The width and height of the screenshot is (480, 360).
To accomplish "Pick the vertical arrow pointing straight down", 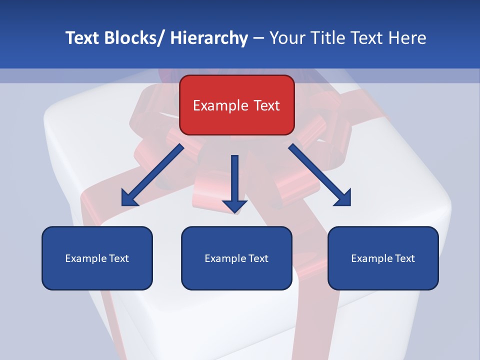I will click(x=234, y=182).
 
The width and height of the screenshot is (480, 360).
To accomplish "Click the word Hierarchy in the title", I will click(x=209, y=38).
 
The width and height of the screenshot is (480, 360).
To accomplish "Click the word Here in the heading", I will click(x=408, y=38).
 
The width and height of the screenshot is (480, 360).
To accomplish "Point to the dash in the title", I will click(x=258, y=38).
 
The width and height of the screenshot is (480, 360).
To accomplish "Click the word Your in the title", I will click(x=287, y=38).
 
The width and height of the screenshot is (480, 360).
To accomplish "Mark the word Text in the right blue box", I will click(x=404, y=258).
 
